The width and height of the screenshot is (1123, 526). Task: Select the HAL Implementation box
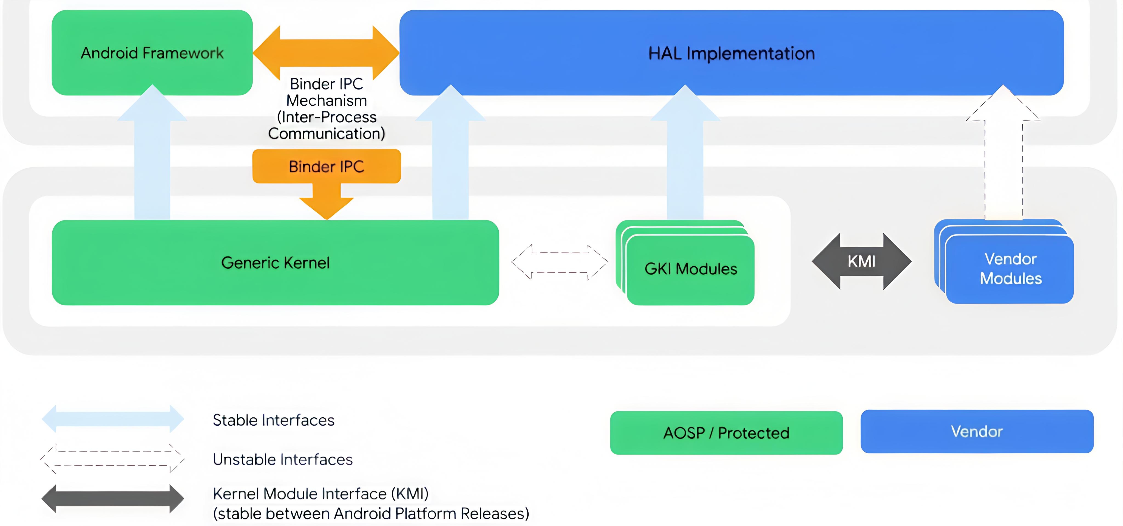731,53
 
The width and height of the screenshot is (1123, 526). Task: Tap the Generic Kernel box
275,263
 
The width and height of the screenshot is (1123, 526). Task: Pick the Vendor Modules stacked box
1010,269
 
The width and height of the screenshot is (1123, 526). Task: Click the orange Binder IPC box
326,167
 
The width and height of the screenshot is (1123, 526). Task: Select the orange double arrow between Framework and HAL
326,52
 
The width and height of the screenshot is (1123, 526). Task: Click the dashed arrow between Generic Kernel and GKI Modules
559,262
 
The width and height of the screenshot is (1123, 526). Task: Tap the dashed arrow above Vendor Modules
1003,157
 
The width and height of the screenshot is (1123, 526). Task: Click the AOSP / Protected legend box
726,433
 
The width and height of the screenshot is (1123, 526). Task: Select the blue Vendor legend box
977,431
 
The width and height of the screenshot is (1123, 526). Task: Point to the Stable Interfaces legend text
273,420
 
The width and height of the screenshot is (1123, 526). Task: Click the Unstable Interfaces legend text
282,459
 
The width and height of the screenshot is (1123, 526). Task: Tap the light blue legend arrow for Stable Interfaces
112,419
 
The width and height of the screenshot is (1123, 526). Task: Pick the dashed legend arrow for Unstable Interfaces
112,459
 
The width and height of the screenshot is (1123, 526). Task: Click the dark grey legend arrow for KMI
112,499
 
